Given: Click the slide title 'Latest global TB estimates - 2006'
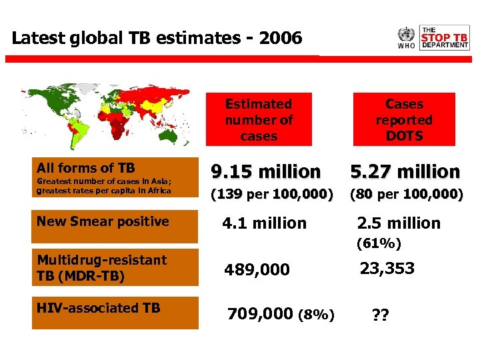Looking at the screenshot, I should (x=157, y=38).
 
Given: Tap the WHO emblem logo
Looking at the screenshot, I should (x=406, y=34).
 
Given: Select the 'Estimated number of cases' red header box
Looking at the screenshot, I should (x=259, y=120).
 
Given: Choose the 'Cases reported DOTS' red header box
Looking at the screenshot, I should (x=404, y=120).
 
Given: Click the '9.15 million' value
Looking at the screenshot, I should (x=266, y=172).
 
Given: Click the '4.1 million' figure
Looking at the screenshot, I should (x=264, y=223).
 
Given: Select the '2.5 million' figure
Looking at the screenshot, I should (x=399, y=223).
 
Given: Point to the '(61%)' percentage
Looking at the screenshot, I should (x=379, y=244).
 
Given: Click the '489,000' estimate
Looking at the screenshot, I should (x=257, y=270).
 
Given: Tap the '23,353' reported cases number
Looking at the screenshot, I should (x=387, y=269).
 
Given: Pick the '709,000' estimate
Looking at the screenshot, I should (x=260, y=313).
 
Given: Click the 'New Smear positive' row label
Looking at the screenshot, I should (x=103, y=222).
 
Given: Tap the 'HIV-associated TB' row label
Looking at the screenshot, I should (x=99, y=308).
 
